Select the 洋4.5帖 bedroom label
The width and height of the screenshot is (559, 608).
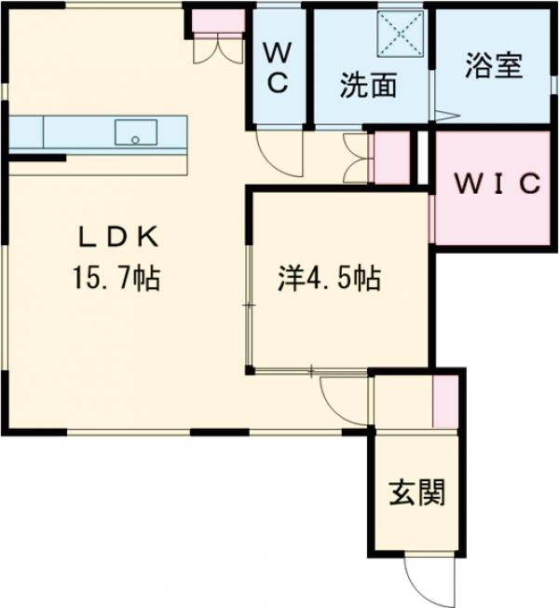coord(329,278)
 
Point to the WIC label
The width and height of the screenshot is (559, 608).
coord(496,184)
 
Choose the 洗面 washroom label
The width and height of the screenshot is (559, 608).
coord(368,86)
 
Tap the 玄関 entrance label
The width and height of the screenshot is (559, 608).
coord(416,491)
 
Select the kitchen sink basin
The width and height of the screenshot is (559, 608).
coord(136,132)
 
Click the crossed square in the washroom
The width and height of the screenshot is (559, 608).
coord(400,35)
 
